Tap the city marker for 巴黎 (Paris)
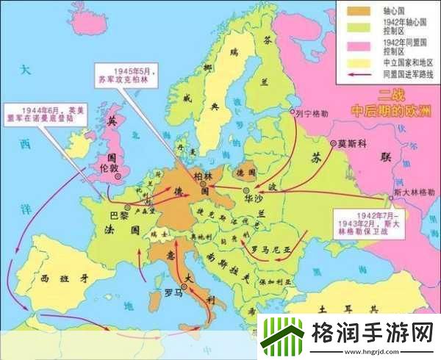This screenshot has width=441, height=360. [x=127, y=208]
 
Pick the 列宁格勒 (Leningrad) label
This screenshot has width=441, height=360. [x=311, y=115]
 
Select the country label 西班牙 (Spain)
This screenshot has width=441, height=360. [x=55, y=278]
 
